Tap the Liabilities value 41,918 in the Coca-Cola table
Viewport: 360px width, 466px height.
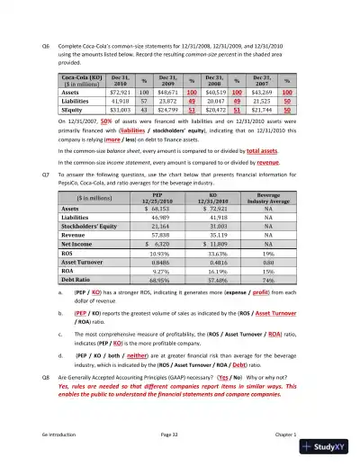(x=123, y=103)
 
